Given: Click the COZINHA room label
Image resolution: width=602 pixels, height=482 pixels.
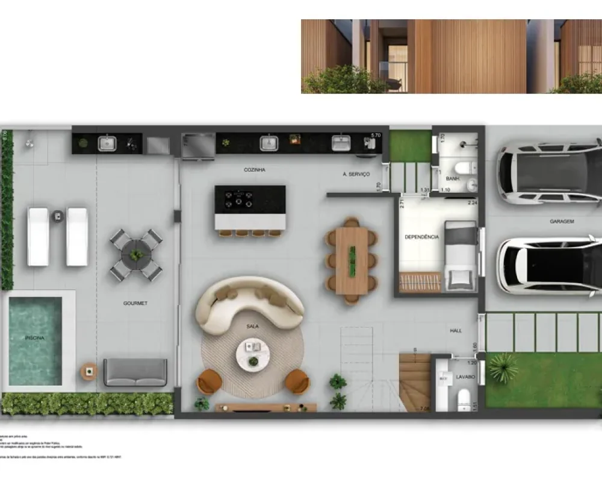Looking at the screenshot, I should (255, 170).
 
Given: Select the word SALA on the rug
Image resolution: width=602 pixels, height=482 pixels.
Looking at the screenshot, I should (252, 326).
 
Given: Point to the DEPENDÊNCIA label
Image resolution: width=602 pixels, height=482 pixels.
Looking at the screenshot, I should (421, 237).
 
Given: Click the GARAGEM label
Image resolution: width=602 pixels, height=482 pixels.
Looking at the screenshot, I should (561, 222).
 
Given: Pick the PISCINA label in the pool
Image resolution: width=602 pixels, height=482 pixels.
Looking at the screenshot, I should (34, 338).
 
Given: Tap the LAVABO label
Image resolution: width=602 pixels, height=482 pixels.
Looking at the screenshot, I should (465, 377).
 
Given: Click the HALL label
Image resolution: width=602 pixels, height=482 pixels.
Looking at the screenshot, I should (456, 331).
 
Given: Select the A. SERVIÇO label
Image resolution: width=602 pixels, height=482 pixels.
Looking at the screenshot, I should (356, 174).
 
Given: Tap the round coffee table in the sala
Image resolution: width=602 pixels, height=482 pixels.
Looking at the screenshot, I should (253, 354).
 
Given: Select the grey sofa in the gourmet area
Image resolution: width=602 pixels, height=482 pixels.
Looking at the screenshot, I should (135, 372).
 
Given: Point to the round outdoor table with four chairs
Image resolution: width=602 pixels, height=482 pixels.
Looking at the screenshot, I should (137, 255).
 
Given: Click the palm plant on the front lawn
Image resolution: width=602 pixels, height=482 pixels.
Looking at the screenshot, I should (503, 366).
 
